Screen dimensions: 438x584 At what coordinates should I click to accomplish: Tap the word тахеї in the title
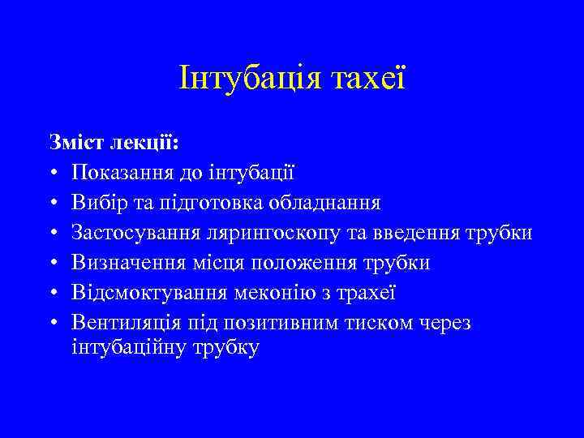pos(367,78)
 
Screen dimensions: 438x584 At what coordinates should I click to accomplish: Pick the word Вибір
pos(97,202)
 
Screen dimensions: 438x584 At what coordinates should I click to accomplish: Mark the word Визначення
pos(122,263)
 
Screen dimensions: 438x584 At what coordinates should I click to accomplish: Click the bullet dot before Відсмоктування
pos(53,294)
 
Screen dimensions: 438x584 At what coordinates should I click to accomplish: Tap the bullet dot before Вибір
pos(53,203)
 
